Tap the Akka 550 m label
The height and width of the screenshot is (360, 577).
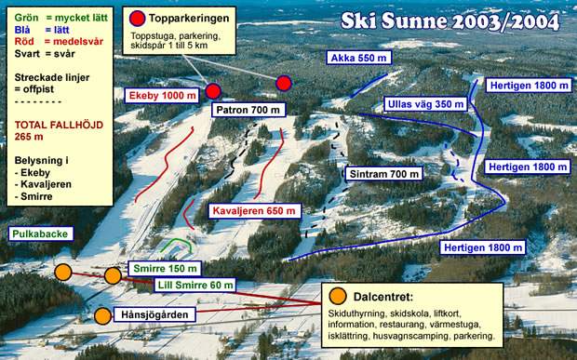coord(358,58)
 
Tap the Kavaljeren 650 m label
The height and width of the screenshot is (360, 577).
coord(254,211)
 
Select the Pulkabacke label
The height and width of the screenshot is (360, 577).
coord(40,233)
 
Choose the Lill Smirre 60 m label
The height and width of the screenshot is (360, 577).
coord(195,285)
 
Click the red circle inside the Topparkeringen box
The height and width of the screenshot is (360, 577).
coord(139,18)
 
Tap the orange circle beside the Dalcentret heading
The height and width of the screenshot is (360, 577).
coord(337,296)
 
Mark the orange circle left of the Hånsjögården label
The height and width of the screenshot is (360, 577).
coord(102,315)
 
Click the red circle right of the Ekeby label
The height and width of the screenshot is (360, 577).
coord(212,91)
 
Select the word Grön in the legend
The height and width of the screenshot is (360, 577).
coord(27,18)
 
